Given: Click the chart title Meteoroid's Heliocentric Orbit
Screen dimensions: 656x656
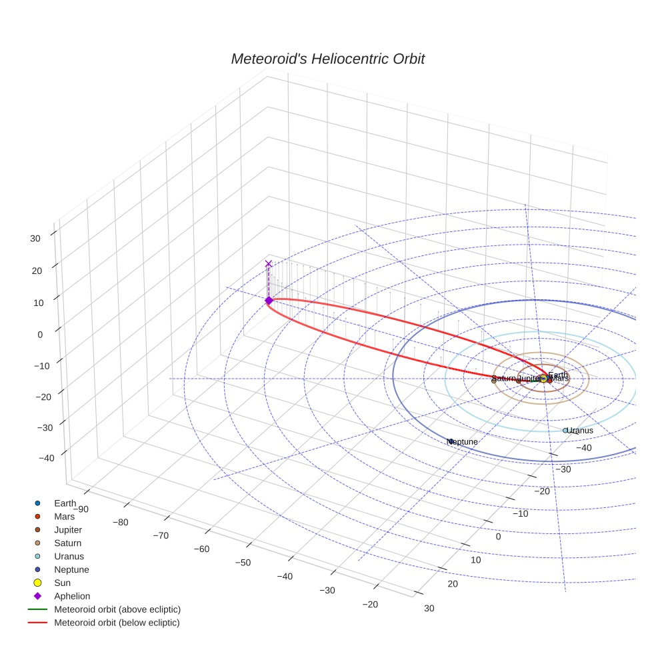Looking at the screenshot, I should (x=327, y=59).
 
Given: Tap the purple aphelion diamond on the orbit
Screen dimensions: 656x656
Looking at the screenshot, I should (x=269, y=301).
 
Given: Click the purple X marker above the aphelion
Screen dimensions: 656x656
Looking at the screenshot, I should (x=269, y=264).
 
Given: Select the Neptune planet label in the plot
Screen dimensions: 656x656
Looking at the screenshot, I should (x=463, y=442).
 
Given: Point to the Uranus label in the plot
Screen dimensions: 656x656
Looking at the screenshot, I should (x=579, y=431).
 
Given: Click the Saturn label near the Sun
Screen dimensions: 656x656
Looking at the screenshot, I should (x=504, y=379).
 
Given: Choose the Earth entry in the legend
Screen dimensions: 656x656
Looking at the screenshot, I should (x=65, y=503).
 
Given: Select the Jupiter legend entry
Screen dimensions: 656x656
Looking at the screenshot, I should (x=67, y=530).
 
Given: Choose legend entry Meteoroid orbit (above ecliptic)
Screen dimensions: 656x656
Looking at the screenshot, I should (x=117, y=610).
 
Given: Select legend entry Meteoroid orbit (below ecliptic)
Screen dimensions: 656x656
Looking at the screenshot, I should (x=117, y=623).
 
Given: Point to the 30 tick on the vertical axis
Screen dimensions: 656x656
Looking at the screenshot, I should (x=35, y=238).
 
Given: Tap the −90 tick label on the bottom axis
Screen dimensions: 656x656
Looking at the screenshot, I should (x=81, y=509).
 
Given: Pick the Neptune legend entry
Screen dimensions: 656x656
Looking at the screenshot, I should (x=71, y=570).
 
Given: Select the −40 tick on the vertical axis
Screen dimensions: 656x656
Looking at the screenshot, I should (x=47, y=458).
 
